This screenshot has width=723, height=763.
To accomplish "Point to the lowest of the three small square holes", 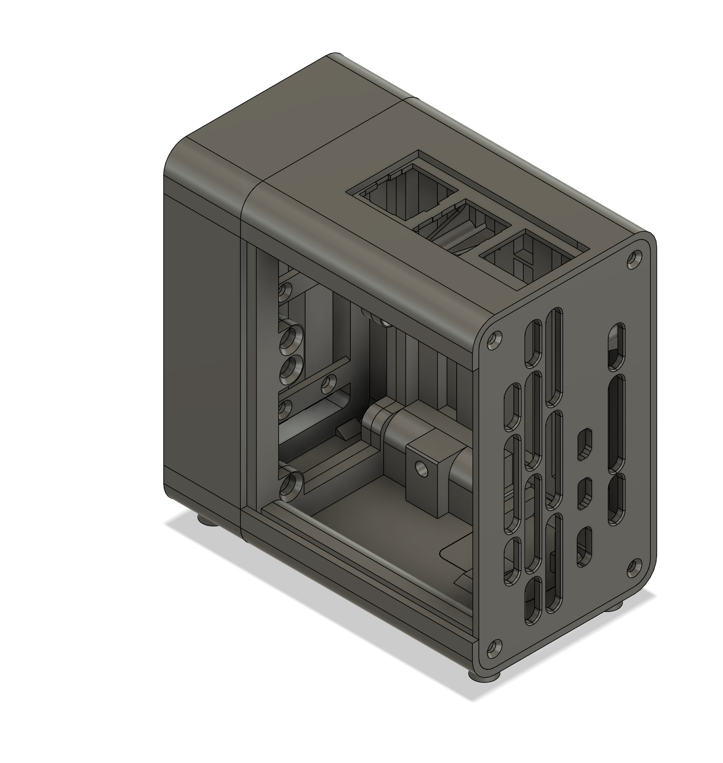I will click(583, 546).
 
